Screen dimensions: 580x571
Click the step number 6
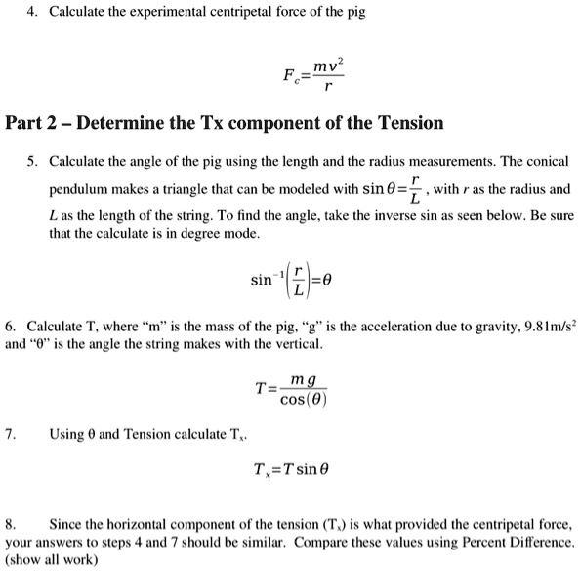click(10, 324)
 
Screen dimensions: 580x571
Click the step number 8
click(10, 523)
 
